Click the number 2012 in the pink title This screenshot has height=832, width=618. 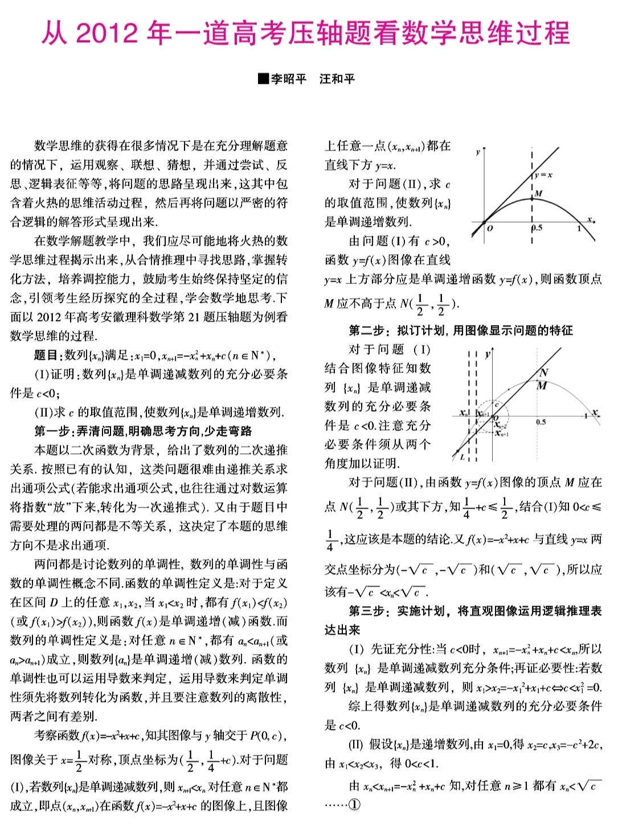point(107,33)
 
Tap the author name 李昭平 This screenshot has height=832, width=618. point(288,79)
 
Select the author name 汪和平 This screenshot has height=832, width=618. point(337,79)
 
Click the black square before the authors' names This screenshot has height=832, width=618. point(263,79)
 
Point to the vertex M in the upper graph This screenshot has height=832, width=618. point(538,194)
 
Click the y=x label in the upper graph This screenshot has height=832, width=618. point(543,175)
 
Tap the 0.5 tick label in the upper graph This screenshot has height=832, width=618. point(537,228)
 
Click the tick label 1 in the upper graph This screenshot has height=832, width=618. point(579,228)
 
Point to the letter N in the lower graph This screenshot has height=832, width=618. point(544,372)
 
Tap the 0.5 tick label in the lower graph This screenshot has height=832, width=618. point(541,422)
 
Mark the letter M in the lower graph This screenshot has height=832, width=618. point(542,386)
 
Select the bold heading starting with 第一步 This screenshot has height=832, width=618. point(143,431)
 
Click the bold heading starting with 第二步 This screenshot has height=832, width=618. point(460,330)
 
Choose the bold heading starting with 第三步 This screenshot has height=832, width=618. point(475,611)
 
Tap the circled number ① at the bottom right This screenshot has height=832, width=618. point(354,805)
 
